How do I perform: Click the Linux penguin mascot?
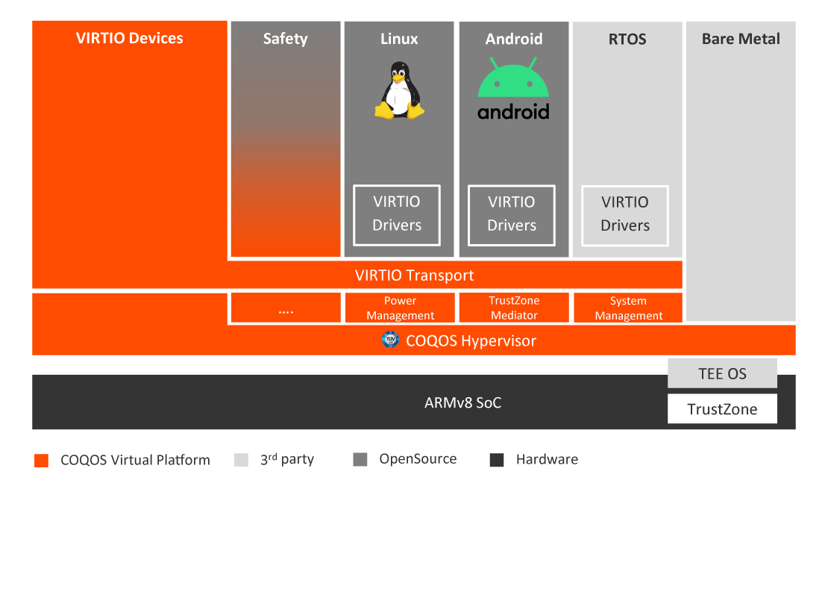coord(399,91)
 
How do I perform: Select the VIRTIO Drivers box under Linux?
coord(397,214)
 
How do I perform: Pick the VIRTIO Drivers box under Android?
coord(512,214)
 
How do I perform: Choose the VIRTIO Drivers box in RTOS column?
coord(625,215)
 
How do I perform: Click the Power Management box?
coord(400,308)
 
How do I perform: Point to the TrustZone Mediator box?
coord(514,308)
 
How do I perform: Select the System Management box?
coord(628,308)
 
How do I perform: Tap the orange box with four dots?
coord(286,308)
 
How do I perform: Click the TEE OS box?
coord(722,373)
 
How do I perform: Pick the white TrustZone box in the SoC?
coord(722,408)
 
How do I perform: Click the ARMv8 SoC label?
coord(462,403)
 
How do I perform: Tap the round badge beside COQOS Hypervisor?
coord(390,340)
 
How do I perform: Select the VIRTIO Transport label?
coord(414,275)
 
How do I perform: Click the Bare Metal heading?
coord(741,39)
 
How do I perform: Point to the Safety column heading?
coord(285,39)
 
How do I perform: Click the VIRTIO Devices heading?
coord(129,38)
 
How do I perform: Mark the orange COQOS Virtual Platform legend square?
coord(42,460)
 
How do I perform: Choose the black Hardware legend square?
coord(497,460)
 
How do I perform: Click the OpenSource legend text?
coord(418,459)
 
